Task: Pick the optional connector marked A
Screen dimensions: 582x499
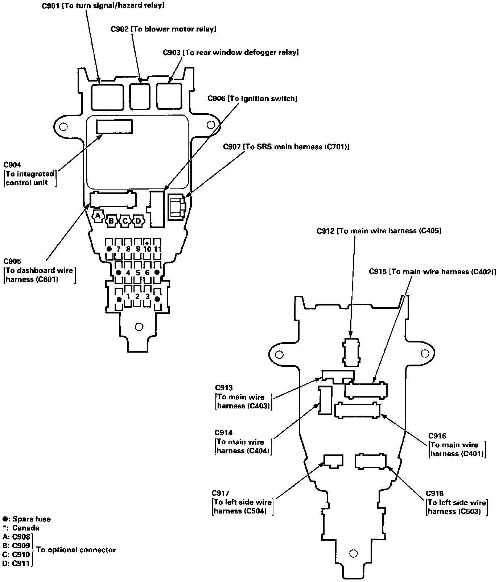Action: tap(97, 216)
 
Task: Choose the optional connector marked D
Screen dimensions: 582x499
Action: tap(138, 220)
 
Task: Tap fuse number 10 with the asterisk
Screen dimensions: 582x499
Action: tap(147, 249)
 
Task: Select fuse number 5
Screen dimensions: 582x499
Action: tap(138, 273)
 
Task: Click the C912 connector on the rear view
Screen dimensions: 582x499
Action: tap(351, 352)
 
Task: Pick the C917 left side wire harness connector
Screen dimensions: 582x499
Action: tap(333, 461)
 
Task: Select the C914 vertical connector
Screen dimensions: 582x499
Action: tap(325, 400)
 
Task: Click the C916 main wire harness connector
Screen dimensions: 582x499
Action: tap(357, 411)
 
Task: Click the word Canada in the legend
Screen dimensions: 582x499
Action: tap(25, 528)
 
